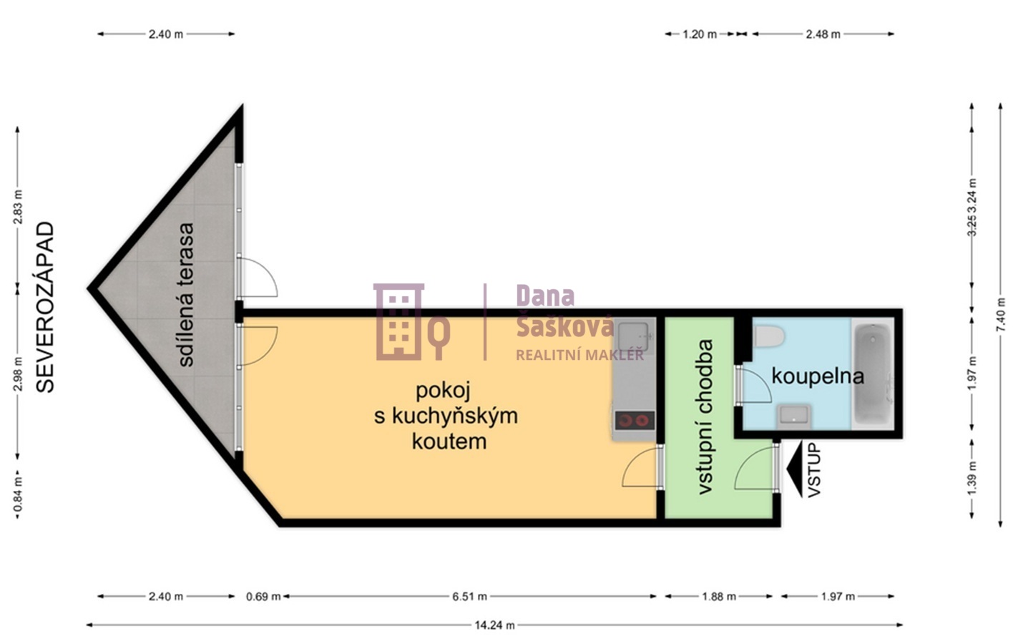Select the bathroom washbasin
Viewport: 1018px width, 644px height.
(793, 414)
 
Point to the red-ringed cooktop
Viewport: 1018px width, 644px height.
(634, 421)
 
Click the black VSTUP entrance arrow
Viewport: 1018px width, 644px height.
(794, 470)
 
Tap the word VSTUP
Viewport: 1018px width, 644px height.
(814, 470)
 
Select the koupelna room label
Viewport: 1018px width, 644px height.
(817, 376)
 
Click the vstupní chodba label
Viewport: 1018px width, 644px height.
(705, 416)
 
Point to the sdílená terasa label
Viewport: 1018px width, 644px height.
(185, 295)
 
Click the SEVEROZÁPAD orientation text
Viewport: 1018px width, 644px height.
(45, 307)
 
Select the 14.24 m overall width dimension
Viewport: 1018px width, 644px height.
(494, 625)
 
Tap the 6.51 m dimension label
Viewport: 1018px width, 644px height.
(469, 596)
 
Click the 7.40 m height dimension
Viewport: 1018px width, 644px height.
(1000, 312)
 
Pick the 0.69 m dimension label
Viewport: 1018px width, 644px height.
(263, 596)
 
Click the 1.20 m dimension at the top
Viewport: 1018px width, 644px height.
(699, 34)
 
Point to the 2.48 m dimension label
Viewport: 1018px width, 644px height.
(823, 34)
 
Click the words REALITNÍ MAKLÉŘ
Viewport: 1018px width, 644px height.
(579, 355)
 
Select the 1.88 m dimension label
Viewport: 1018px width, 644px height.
(718, 596)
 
